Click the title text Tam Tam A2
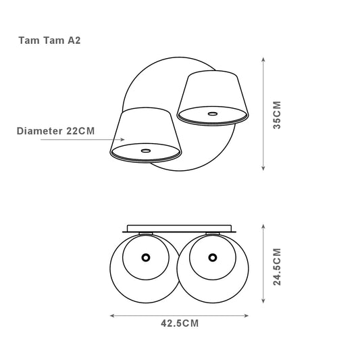tap(49, 41)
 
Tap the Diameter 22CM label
tap(55, 131)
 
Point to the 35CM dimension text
tap(277, 115)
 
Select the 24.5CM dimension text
tap(277, 267)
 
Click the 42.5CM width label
tap(180, 324)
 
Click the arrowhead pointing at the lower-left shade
tap(122, 139)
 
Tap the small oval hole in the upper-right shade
tap(213, 113)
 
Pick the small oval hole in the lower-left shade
tap(146, 151)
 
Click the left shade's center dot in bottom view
tap(146, 257)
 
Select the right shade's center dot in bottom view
tap(213, 257)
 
